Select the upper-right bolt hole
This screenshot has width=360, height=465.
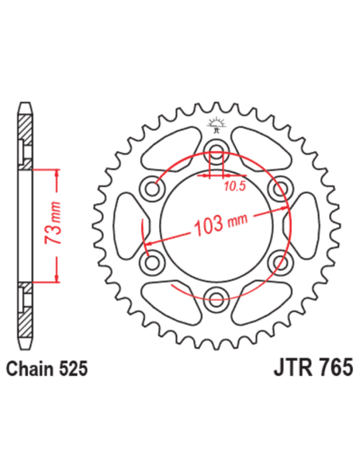point(278,190)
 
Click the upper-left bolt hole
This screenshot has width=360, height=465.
point(152,190)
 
